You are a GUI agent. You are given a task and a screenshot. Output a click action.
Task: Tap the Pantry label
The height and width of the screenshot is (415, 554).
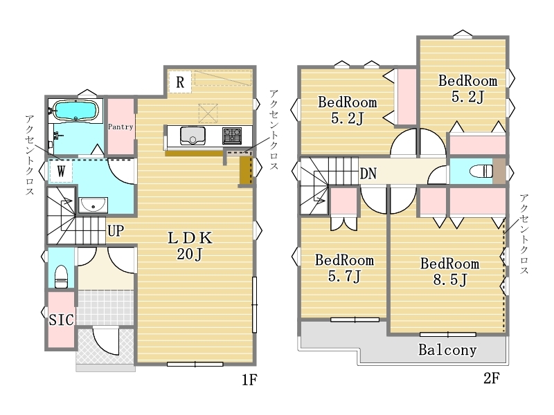coord(120,127)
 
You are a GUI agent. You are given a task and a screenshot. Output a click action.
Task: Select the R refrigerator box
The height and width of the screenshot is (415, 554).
coord(180,82)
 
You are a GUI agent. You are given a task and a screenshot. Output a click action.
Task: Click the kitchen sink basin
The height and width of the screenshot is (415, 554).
coord(193,136)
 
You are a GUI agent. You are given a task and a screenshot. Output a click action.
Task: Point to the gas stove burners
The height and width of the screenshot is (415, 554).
coord(232,136)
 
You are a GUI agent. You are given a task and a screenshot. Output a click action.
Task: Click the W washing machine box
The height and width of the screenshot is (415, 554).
coord(61,172)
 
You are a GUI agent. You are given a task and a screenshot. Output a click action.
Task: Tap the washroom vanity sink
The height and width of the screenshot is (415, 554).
coord(93,205)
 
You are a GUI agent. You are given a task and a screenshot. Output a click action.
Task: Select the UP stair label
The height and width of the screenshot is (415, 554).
coord(116,231)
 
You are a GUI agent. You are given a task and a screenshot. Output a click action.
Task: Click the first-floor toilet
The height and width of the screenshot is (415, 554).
coord(61,276)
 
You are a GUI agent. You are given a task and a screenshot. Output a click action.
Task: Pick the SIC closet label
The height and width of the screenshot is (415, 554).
coord(61,320)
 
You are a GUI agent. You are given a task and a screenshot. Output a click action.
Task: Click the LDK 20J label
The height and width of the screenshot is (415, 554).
coord(190,246)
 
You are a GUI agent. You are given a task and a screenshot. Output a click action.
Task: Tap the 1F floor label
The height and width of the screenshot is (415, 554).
coord(249,380)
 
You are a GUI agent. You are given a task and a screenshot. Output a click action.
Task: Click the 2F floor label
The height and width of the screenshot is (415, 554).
coord(492,378)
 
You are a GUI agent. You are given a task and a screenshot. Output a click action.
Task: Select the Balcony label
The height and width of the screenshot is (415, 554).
coord(447,350)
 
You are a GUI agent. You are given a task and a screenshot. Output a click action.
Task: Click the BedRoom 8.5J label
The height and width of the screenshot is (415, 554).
coord(449,271)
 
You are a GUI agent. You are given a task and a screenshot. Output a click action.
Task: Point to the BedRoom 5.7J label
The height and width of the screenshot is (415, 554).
coord(344,268)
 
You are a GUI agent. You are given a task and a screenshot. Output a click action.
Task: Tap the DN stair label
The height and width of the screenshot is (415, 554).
coord(368,174)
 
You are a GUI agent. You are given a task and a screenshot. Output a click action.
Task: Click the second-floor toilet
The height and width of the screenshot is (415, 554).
coord(481,172)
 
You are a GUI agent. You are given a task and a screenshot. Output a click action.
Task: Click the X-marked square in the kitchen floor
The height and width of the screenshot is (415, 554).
coord(208,113)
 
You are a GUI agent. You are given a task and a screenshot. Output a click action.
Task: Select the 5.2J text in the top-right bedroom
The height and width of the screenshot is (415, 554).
coord(468,96)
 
